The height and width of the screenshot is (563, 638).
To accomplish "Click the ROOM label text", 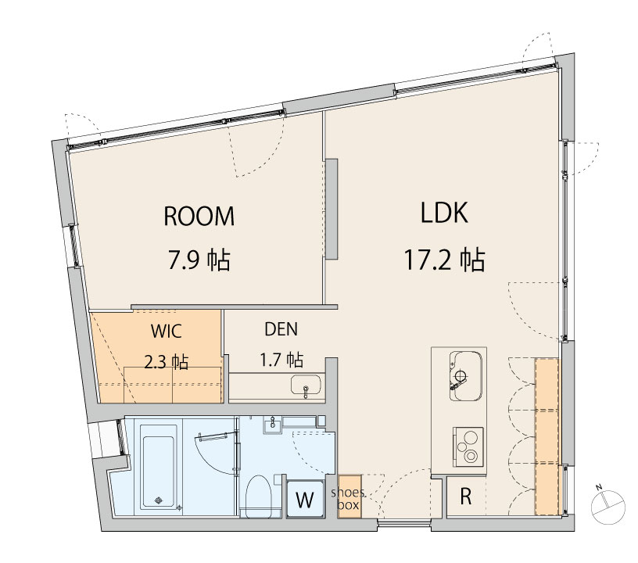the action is [x=199, y=216].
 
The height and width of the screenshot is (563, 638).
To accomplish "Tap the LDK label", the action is [x=444, y=213].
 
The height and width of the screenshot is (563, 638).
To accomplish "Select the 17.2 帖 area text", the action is [x=444, y=260].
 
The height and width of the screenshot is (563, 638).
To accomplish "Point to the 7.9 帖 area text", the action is [x=199, y=260].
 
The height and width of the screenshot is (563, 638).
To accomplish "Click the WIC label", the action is [x=166, y=331].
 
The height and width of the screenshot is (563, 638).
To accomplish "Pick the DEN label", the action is [x=281, y=329].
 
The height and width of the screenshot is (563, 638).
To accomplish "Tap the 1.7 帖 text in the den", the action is [x=281, y=360].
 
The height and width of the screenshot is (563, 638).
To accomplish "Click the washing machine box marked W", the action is [x=305, y=499].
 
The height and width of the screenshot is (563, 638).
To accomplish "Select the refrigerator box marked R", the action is [x=465, y=497].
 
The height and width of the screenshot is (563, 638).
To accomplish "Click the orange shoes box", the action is [x=349, y=497].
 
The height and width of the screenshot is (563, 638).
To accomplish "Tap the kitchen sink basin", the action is [x=466, y=375].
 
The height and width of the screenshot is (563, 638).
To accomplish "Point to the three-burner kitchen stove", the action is [x=468, y=446].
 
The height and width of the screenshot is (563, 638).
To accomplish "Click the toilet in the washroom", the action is [x=259, y=497].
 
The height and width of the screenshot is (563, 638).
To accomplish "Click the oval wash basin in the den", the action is [x=306, y=385].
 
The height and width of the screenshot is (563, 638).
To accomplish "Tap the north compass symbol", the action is [x=608, y=507].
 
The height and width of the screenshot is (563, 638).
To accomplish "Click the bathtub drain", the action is [x=159, y=500].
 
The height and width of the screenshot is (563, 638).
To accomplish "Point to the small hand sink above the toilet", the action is [x=272, y=425].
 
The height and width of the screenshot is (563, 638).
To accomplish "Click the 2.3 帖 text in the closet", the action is [x=166, y=361].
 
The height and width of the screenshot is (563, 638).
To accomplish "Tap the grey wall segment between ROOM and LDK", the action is [x=332, y=209].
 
